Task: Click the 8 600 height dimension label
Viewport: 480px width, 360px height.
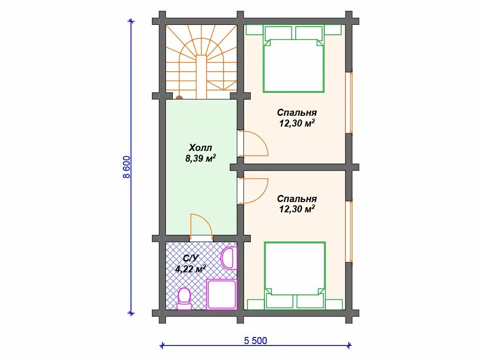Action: (x=126, y=167)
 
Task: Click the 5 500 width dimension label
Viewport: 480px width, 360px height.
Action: (x=255, y=341)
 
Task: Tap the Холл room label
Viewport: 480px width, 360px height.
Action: (x=200, y=148)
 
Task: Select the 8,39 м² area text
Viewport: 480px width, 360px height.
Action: (x=201, y=158)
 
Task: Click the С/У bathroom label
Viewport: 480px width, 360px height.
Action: (x=191, y=258)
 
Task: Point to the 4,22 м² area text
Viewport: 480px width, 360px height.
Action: (x=190, y=269)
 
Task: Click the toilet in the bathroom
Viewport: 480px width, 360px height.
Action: (x=184, y=299)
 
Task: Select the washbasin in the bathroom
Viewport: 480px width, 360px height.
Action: (x=229, y=259)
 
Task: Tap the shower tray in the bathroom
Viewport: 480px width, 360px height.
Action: (x=222, y=294)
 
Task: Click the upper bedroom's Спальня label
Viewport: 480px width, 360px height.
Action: (x=297, y=112)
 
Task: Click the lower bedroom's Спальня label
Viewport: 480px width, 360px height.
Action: (x=297, y=199)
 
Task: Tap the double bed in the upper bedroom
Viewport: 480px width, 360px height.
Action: (x=293, y=59)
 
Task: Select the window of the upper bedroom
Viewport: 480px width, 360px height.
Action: (x=349, y=102)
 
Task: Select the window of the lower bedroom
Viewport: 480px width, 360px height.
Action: (x=349, y=232)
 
